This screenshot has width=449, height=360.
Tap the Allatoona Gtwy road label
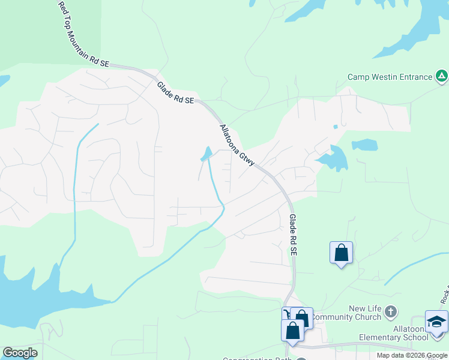tap(238, 145)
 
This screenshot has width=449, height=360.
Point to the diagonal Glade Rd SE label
tap(176, 93)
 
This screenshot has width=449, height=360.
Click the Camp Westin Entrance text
tap(390, 77)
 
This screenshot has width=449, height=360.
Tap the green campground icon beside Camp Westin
tap(441, 76)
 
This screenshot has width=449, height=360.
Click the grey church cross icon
tap(391, 311)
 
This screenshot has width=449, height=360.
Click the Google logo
tap(20, 353)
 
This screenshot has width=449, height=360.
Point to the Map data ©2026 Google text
tap(411, 355)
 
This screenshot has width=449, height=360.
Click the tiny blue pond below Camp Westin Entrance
tap(335, 127)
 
